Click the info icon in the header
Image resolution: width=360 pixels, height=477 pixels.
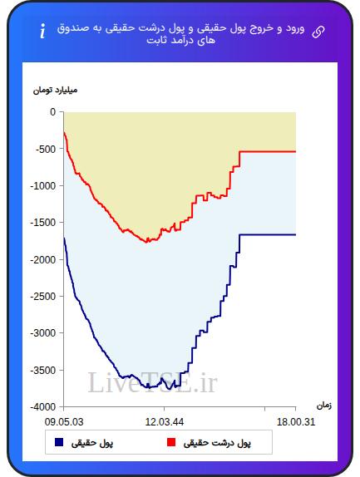(42, 31)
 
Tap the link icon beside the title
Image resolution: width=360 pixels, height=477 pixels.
(318, 32)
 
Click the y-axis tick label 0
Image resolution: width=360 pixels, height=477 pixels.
(53, 112)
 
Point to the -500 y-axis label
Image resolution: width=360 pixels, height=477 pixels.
(46, 149)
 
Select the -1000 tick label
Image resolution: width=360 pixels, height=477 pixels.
(43, 186)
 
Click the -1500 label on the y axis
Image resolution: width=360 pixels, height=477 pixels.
(43, 223)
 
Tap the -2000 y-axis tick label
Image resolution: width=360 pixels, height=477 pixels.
(43, 260)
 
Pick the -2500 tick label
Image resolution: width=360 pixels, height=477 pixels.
(43, 297)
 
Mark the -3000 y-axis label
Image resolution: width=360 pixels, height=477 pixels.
(43, 333)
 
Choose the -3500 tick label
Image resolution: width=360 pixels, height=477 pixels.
(43, 371)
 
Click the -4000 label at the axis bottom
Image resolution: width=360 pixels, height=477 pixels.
(43, 406)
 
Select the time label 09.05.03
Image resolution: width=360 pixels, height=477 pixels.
(64, 422)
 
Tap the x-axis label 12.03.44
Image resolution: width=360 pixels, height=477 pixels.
(165, 422)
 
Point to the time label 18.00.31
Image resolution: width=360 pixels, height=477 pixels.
(296, 422)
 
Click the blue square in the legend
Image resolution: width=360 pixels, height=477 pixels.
(59, 442)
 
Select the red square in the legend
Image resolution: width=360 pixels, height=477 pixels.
(171, 442)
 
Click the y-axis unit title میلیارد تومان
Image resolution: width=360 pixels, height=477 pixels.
(55, 91)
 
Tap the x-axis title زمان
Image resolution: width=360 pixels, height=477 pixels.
(324, 406)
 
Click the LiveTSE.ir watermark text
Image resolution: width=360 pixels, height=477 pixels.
(152, 383)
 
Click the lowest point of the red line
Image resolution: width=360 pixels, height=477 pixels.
(146, 243)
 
